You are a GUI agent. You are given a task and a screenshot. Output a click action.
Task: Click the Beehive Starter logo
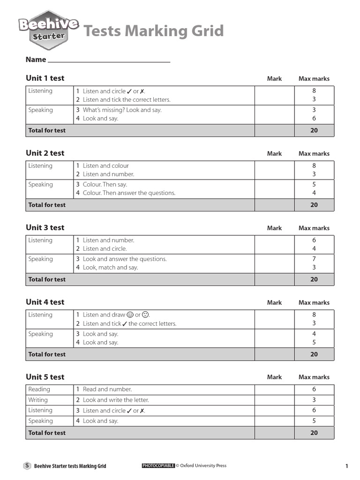tap(48, 30)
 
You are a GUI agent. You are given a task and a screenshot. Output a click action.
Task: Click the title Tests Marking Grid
tap(153, 31)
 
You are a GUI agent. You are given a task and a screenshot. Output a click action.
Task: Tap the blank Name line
tap(109, 60)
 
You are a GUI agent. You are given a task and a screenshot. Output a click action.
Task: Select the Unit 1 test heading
tap(45, 78)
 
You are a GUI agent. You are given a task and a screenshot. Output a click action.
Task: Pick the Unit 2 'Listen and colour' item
tap(105, 166)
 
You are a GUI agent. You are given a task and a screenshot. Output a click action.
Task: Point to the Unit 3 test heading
tap(45, 228)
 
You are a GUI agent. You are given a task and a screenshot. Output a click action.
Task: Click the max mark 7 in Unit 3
tap(314, 259)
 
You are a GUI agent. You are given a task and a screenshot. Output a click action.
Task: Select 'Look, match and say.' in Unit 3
tap(110, 268)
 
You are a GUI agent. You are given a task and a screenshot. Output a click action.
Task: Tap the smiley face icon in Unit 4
tap(130, 315)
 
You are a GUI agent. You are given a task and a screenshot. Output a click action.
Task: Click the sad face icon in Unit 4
tap(145, 315)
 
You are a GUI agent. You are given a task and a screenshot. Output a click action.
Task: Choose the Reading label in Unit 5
tap(39, 390)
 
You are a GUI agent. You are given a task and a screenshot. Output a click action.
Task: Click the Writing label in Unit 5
tap(38, 400)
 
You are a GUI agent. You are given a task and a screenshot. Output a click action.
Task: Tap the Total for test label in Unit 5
tap(47, 433)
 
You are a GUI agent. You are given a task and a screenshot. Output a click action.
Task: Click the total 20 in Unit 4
tap(314, 354)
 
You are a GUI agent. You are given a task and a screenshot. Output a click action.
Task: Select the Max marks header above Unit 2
tap(314, 154)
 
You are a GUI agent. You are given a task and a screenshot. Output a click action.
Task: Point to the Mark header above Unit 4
tap(274, 303)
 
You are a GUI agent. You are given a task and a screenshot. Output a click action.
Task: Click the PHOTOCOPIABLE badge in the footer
tap(158, 466)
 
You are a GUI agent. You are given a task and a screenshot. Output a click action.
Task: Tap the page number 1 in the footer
tap(346, 466)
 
